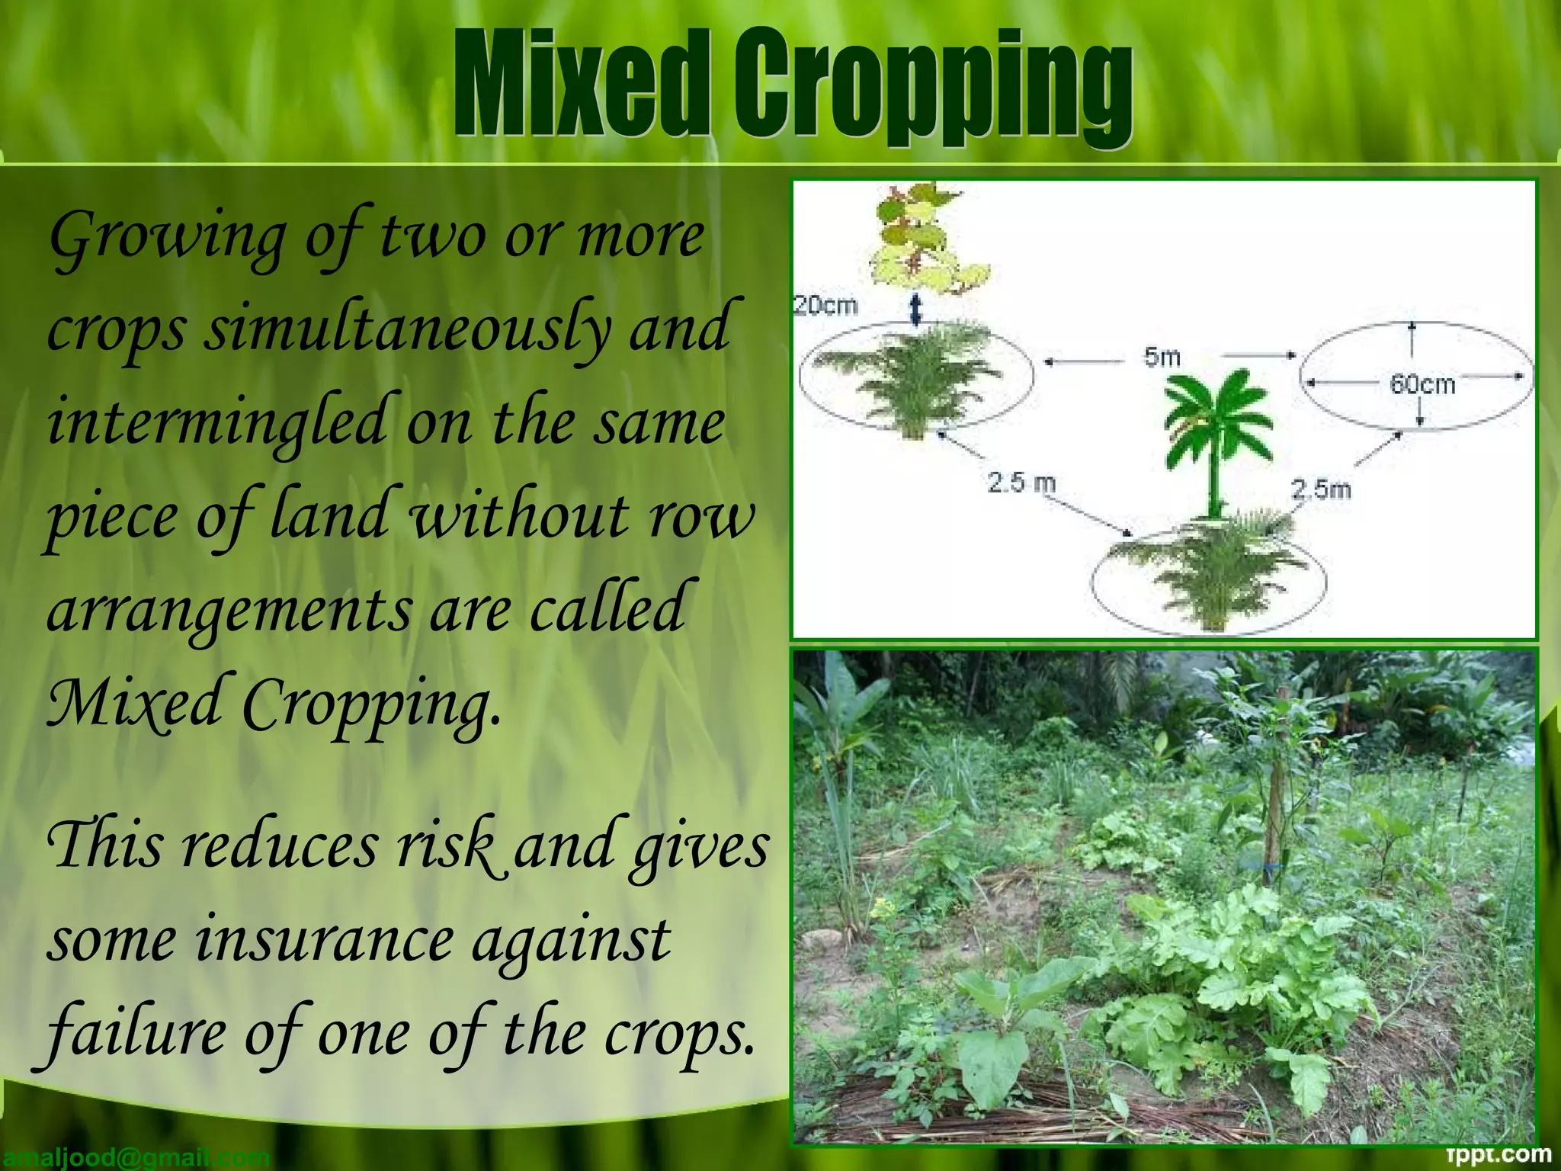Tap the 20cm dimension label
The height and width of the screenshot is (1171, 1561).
pyautogui.click(x=826, y=306)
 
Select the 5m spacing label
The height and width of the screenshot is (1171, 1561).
pyautogui.click(x=1162, y=356)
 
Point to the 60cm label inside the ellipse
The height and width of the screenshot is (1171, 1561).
pyautogui.click(x=1422, y=383)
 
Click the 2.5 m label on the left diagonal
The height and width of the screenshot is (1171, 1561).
pyautogui.click(x=1021, y=483)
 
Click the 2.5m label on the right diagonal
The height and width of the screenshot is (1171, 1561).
pyautogui.click(x=1321, y=489)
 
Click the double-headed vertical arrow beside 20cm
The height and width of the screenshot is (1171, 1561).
pyautogui.click(x=916, y=309)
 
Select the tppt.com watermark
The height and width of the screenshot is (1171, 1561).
pyautogui.click(x=1498, y=1155)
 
